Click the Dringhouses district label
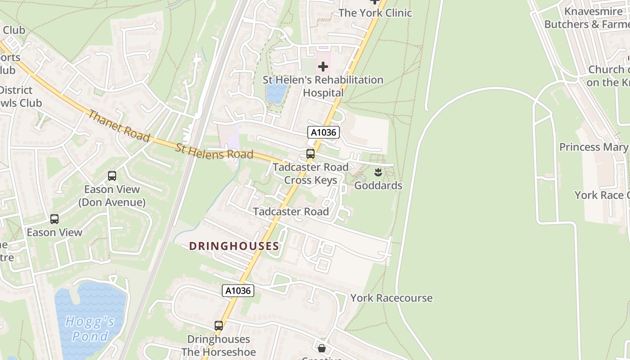click(x=234, y=246)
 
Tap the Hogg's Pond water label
click(x=90, y=328)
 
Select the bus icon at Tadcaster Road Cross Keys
click(x=310, y=154)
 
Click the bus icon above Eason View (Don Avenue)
click(x=112, y=176)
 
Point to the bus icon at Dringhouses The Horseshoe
click(x=219, y=326)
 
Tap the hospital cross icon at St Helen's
click(x=323, y=67)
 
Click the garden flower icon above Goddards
click(x=378, y=172)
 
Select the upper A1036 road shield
click(x=323, y=132)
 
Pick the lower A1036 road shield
click(x=238, y=291)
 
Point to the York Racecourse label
click(x=391, y=298)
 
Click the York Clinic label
click(x=375, y=13)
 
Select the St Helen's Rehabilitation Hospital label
click(x=323, y=86)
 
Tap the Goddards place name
click(x=378, y=185)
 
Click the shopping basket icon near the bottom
click(x=322, y=348)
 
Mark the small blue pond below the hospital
click(x=275, y=93)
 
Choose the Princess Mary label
click(x=593, y=147)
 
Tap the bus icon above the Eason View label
click(x=54, y=219)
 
